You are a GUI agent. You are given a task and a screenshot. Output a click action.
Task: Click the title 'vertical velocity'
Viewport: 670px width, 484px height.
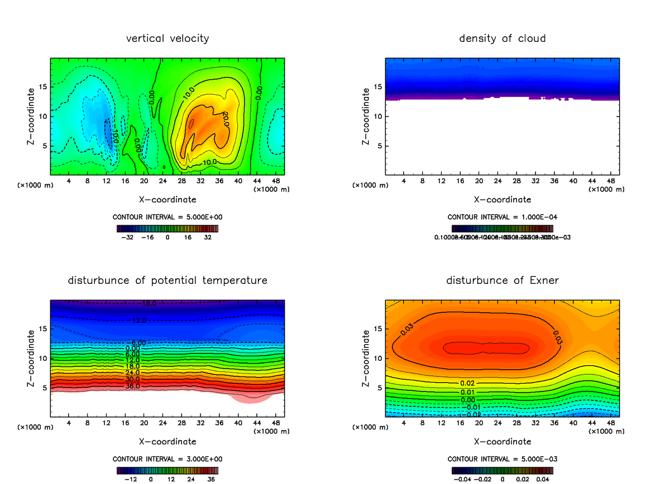167,38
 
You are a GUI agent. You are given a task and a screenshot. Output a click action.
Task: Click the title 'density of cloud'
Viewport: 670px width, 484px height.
502,38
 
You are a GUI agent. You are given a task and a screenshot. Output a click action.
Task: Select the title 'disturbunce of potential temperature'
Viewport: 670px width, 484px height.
167,280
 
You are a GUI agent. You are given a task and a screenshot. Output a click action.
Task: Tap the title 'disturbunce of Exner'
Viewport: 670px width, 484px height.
502,280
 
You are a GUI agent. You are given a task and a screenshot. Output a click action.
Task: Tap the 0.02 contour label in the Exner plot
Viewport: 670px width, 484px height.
467,383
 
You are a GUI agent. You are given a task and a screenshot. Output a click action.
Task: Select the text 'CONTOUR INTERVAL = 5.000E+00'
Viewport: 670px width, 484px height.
167,217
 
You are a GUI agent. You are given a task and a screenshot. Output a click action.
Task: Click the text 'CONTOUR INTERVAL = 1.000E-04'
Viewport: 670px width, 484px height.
502,217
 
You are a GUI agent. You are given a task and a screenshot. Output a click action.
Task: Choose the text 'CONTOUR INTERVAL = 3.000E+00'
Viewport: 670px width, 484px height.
167,459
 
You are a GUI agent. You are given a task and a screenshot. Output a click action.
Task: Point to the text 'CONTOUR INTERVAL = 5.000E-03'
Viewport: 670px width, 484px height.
502,459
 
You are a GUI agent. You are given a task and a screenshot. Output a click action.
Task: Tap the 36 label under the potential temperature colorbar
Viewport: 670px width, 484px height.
212,478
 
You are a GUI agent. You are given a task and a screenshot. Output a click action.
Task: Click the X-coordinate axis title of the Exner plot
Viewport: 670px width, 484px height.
502,441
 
